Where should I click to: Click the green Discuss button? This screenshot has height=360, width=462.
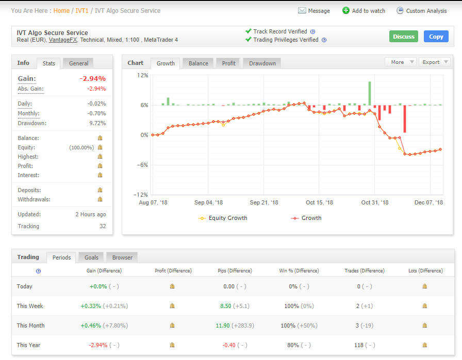(403, 37)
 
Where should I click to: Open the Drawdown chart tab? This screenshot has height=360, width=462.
(262, 63)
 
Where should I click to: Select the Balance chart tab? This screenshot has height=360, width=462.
(199, 63)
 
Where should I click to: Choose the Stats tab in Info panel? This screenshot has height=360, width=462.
(48, 63)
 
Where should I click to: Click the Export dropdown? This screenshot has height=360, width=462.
(434, 62)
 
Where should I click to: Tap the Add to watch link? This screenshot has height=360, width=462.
(364, 11)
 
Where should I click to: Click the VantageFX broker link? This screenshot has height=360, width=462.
(63, 40)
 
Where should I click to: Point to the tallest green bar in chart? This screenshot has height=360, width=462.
(370, 93)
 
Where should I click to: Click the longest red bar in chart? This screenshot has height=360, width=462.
(405, 119)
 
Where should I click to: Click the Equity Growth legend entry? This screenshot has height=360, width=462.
(223, 218)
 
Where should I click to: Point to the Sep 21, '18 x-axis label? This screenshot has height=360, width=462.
(263, 202)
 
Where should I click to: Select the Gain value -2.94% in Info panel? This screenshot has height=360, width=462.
(92, 79)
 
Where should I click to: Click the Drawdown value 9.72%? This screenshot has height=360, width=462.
(97, 123)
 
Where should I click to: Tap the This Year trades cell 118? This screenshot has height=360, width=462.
(358, 345)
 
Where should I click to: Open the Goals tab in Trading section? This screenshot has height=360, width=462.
(91, 258)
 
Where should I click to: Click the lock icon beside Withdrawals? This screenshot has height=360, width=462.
(100, 199)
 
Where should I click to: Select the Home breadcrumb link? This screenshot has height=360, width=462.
(61, 11)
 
